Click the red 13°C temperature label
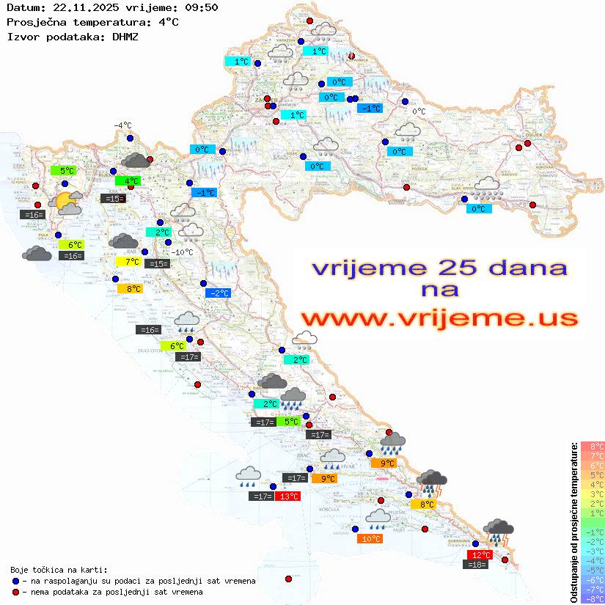(287, 496)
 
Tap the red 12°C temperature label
(480, 554)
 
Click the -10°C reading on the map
(182, 252)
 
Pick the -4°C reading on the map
(122, 125)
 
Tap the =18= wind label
(477, 565)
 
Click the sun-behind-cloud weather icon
(67, 202)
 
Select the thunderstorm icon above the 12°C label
(499, 532)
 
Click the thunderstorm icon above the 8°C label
(431, 483)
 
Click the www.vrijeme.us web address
(439, 318)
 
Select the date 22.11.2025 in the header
(84, 7)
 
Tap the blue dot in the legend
(15, 581)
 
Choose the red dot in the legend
(15, 592)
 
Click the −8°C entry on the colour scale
(592, 598)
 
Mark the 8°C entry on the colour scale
(592, 446)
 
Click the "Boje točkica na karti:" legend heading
(59, 569)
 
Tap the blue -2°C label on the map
(219, 293)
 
